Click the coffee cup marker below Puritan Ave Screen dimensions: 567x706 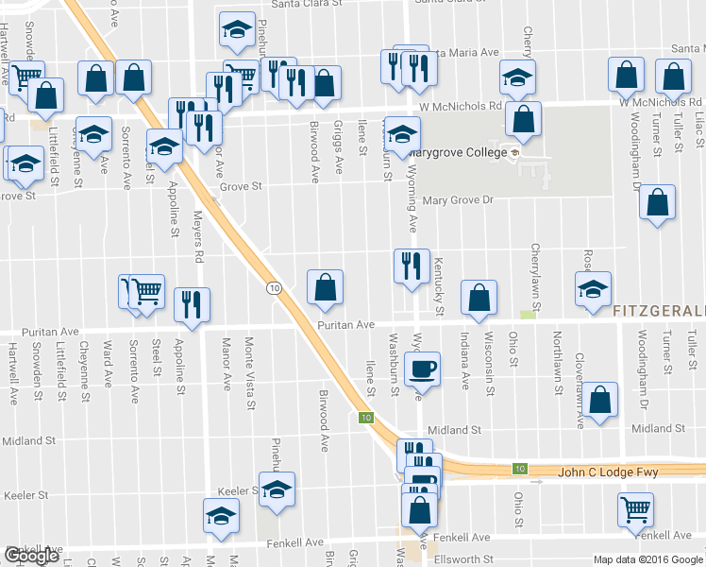tap(422, 368)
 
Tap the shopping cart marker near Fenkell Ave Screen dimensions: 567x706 tap(635, 510)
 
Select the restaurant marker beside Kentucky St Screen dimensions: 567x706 tap(412, 266)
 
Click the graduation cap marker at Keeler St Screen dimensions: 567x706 tap(277, 490)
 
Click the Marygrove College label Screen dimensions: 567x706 tap(460, 152)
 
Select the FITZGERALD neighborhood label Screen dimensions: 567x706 tap(658, 312)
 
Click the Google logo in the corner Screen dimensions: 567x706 tap(31, 556)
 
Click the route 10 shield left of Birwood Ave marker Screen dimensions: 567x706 tap(273, 287)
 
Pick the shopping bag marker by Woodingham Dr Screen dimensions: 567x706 tap(657, 202)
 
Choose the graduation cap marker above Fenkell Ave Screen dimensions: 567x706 tap(222, 516)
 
